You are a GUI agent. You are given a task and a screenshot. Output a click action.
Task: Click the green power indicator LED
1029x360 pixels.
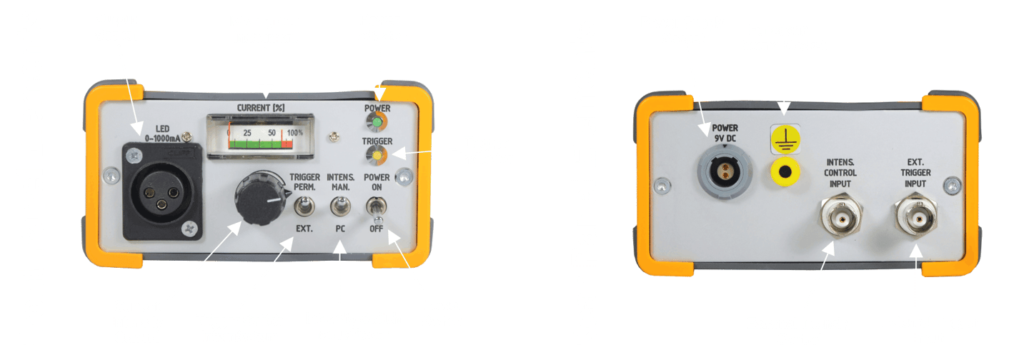[377, 121]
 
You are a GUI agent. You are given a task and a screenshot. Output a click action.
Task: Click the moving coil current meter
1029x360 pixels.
[262, 134]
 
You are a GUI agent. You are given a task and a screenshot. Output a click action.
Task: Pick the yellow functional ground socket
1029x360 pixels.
[785, 172]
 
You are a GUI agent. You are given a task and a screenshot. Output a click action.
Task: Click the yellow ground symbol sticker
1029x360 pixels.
[784, 139]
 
